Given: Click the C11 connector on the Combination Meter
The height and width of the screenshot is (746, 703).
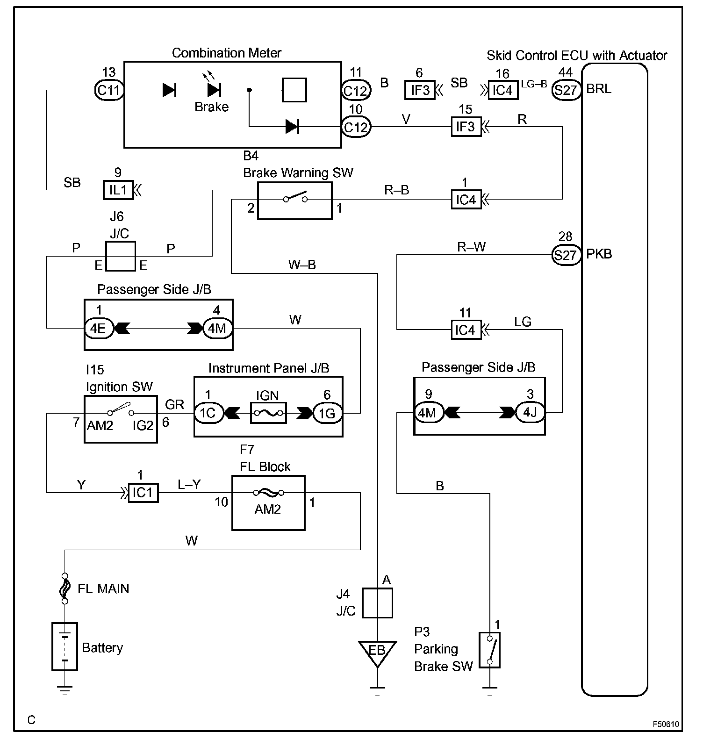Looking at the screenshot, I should point(108,90).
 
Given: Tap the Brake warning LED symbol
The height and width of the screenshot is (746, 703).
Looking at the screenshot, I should point(214,90).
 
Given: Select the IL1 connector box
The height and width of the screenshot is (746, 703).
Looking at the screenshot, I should point(118,190).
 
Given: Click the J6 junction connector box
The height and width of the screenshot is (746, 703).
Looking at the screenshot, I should point(121,256).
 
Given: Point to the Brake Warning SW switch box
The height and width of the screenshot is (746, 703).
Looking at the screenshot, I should point(294,201).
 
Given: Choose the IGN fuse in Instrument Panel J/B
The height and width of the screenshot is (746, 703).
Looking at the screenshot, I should point(268,413).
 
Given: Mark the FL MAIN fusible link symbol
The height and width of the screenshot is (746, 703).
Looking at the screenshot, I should point(65,588).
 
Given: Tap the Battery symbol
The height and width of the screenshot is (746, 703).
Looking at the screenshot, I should point(65,646).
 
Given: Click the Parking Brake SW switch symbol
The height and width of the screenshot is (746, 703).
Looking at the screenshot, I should point(489,650).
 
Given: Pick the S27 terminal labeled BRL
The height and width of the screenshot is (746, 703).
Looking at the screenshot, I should point(566,89).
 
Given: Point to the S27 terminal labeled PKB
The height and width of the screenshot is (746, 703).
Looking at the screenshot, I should point(566,255).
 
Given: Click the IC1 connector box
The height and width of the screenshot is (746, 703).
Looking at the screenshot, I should point(143,493).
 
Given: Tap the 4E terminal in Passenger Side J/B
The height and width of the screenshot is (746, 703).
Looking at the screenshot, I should point(98,329).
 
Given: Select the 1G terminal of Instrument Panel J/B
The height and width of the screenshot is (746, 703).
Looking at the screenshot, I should point(327,413).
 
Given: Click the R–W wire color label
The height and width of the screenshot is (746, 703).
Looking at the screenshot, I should point(471,247).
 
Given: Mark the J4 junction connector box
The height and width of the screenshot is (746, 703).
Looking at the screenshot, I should point(377,603).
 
